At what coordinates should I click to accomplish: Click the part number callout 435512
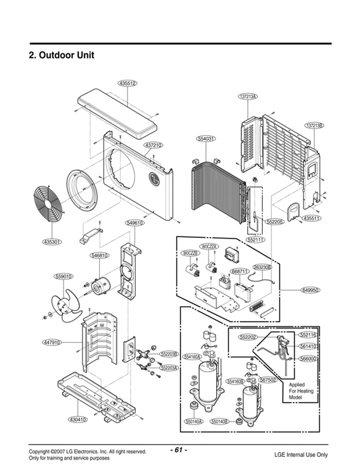click(128, 83)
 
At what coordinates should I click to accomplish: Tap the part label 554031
click(206, 139)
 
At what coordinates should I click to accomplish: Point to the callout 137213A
click(248, 97)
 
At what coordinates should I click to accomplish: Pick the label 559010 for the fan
click(63, 276)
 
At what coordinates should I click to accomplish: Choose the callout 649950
click(310, 290)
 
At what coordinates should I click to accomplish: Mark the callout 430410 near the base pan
click(78, 420)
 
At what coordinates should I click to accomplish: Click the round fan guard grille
click(46, 209)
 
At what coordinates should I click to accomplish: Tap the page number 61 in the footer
click(179, 449)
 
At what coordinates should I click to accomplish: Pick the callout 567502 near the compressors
click(268, 380)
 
